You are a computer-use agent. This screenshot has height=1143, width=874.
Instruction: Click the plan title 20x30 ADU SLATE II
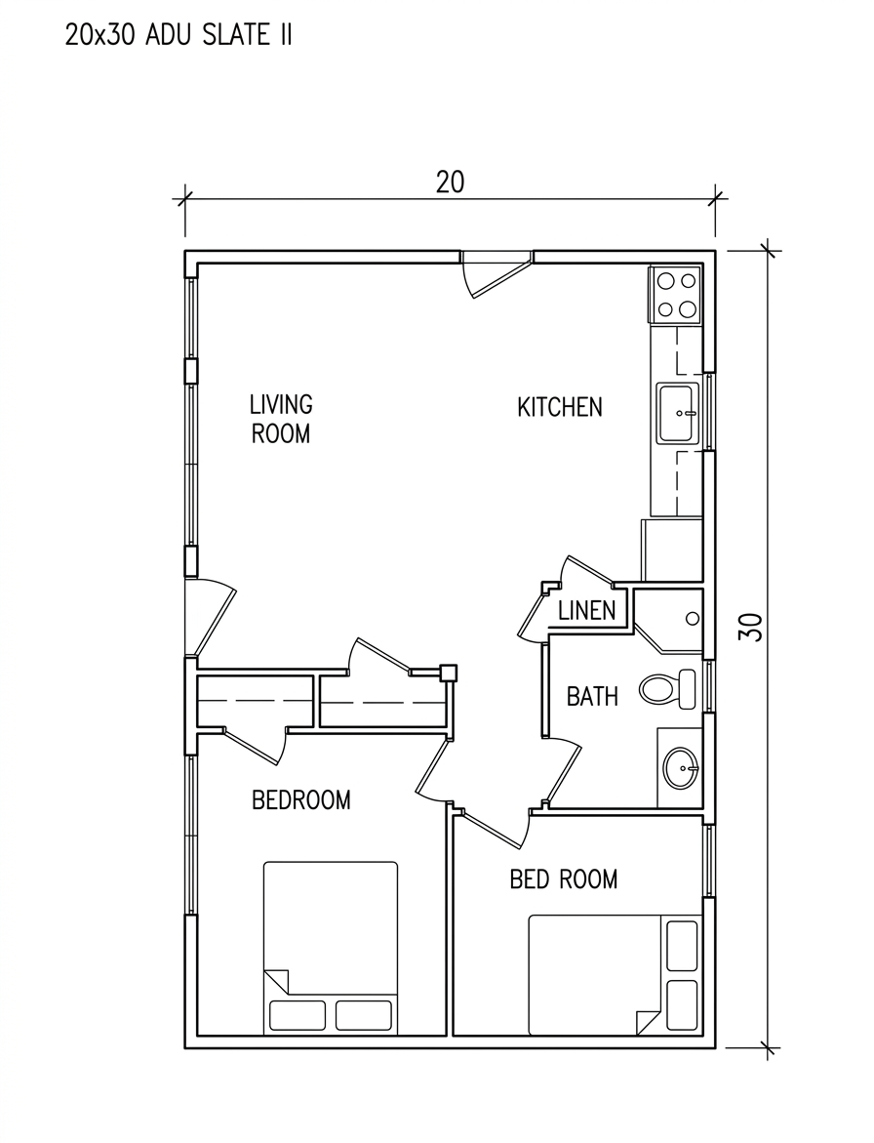pos(179,34)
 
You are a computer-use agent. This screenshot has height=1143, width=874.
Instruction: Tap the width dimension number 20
pos(450,183)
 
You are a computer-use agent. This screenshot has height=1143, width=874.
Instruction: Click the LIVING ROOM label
pos(280,419)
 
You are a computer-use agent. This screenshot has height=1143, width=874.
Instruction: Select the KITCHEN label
pos(559,407)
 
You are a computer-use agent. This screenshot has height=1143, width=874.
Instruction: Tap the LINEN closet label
pos(586,610)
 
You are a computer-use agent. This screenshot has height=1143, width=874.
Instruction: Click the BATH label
pos(592,696)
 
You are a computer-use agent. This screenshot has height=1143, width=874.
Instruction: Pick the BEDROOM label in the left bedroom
pos(300,799)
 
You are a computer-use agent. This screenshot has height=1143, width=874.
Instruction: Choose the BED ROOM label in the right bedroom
pos(564,878)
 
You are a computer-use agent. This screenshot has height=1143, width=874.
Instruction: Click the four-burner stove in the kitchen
pos(677,295)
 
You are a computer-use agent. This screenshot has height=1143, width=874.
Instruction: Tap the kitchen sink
pos(678,413)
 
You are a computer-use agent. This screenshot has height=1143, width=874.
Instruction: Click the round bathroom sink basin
pos(681,767)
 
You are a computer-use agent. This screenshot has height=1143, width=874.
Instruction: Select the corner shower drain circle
pos(693,619)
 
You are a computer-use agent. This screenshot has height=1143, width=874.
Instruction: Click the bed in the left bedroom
pos(331,947)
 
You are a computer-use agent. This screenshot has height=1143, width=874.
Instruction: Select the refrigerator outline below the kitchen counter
pos(671,550)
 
